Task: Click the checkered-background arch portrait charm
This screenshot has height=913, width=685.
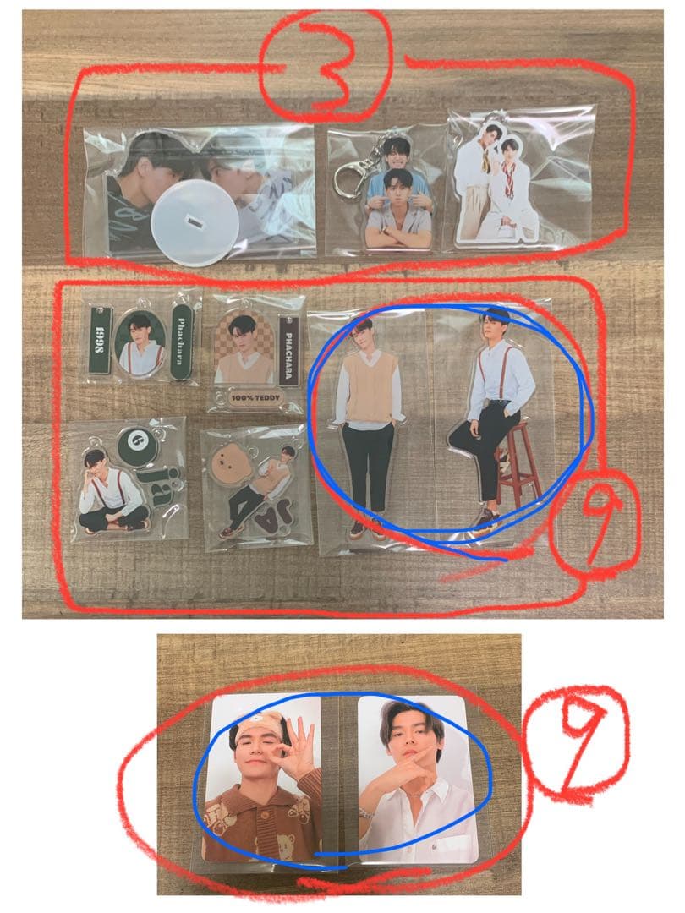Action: point(242,347)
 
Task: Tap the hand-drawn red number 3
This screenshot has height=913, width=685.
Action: point(326,62)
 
